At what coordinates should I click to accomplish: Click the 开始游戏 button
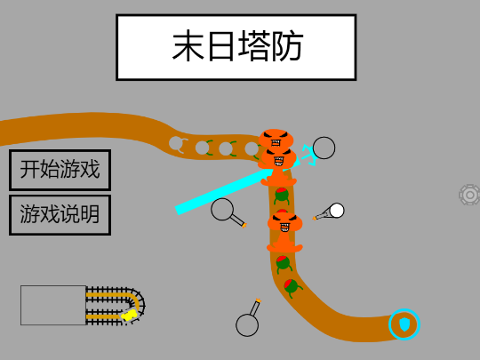coord(60,170)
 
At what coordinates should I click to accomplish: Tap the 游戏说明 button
coord(60,215)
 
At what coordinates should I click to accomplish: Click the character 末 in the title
coord(188,46)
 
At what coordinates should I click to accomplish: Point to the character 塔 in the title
coord(255,46)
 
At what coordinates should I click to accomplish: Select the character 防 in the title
coord(288,46)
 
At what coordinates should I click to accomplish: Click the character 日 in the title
coord(220,46)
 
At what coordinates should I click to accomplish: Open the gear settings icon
coord(470,195)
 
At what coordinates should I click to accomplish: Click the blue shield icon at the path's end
coord(404,324)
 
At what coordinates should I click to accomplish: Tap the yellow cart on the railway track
coord(129,315)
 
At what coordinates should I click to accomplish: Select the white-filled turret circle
coord(337,211)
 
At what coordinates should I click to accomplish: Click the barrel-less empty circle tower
coord(324,148)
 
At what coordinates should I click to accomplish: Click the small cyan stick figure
coord(309,155)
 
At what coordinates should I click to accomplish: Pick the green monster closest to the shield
coord(292,287)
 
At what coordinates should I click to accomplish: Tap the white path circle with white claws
coord(178,144)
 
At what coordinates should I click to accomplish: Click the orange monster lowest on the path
coord(284,232)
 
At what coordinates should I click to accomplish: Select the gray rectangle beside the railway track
coord(53,305)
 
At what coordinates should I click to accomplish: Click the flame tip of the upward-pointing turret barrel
coord(258,300)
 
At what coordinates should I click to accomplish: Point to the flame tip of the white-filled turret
coord(314,219)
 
